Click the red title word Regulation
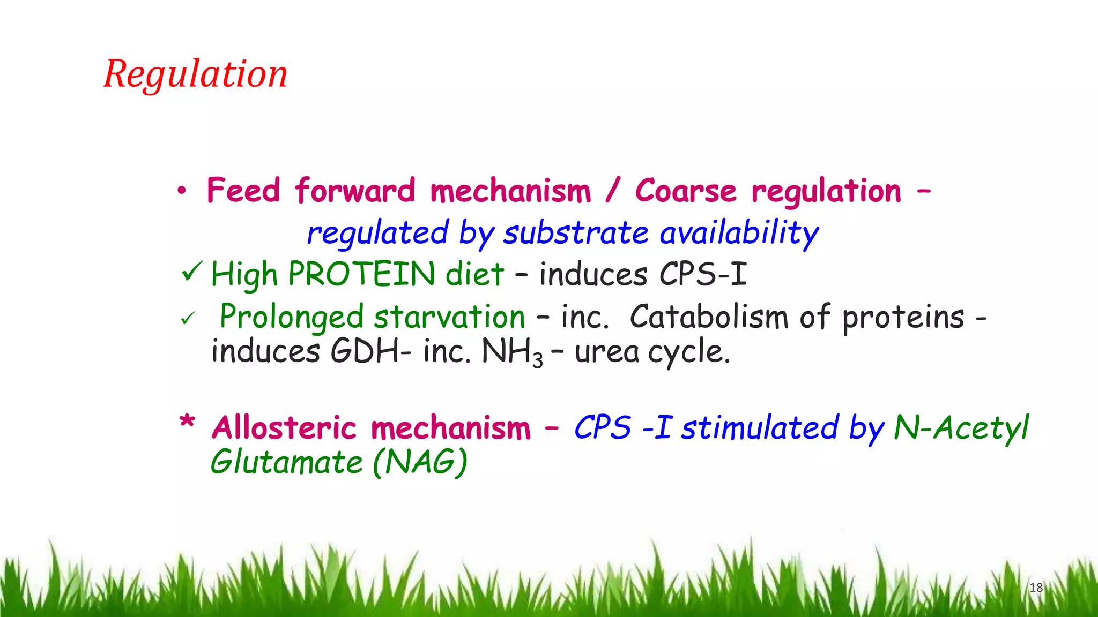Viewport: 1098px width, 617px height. coord(196,75)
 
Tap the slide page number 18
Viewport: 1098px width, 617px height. coord(1036,588)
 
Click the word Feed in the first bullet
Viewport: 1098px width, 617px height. coord(243,190)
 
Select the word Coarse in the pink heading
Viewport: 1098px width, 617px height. coord(686,191)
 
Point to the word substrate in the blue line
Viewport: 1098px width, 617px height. coord(576,233)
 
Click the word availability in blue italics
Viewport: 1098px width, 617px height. coord(739,234)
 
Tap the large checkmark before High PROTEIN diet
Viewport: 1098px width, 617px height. coord(192,271)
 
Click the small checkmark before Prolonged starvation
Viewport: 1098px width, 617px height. coord(188,319)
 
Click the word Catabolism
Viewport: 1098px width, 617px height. coord(709,316)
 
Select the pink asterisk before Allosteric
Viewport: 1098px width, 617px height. coord(187,422)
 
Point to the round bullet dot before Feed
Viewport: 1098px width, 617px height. coord(182,190)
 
